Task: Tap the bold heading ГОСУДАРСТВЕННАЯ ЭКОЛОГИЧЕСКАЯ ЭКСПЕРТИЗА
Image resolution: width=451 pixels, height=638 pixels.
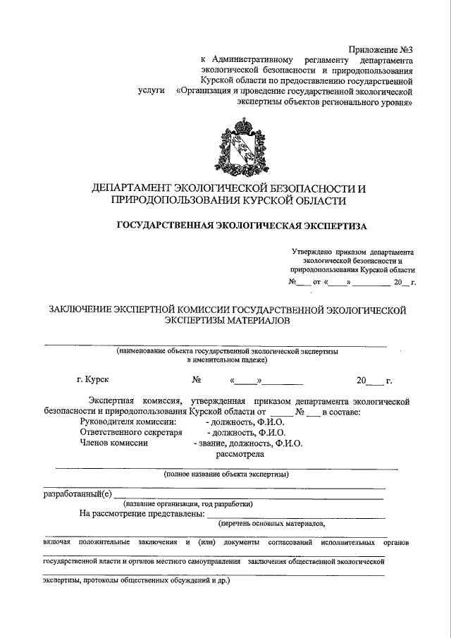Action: [241, 226]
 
